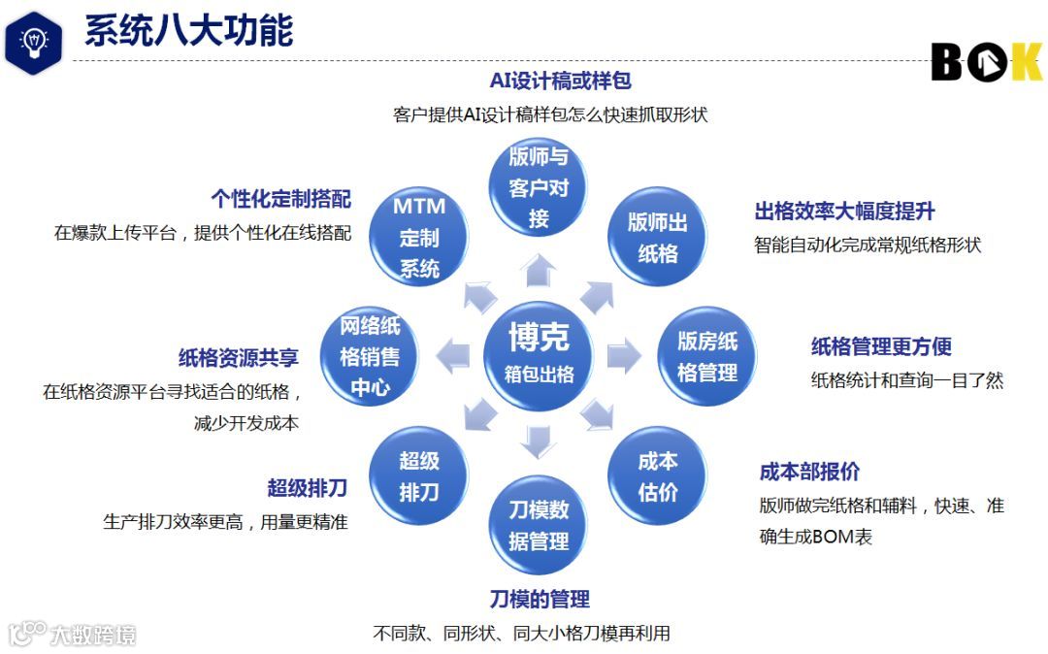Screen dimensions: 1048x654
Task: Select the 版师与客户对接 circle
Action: pyautogui.click(x=539, y=188)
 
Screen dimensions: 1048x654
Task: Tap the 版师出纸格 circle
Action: pyautogui.click(x=657, y=238)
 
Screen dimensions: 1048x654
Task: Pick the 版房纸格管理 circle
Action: pyautogui.click(x=707, y=356)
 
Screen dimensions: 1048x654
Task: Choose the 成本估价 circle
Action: pyautogui.click(x=657, y=475)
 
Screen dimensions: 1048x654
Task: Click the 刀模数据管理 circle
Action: pyautogui.click(x=539, y=525)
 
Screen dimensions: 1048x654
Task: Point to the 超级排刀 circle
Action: pyautogui.click(x=419, y=475)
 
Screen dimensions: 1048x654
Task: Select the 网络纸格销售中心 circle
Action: pyautogui.click(x=370, y=356)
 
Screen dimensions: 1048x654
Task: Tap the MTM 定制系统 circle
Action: pyautogui.click(x=419, y=238)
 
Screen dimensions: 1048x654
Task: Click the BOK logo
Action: pyautogui.click(x=984, y=62)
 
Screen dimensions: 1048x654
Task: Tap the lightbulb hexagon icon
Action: pyautogui.click(x=33, y=41)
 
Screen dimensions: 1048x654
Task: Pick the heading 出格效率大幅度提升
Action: pyautogui.click(x=844, y=212)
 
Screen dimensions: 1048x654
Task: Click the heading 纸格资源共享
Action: pyautogui.click(x=238, y=357)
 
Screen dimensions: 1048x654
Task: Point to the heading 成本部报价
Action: pyautogui.click(x=809, y=473)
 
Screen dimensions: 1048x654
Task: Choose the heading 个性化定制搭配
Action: pyautogui.click(x=280, y=199)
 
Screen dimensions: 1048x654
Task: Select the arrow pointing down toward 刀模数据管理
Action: pyautogui.click(x=538, y=442)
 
